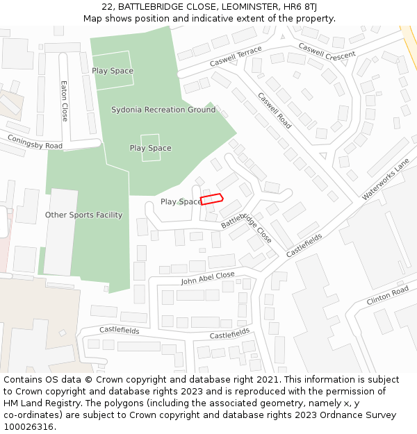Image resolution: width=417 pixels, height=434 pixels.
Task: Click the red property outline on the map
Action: coord(211,199)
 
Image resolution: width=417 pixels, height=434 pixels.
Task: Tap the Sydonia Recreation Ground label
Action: coord(163,110)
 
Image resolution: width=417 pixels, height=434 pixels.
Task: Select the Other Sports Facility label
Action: coord(83,215)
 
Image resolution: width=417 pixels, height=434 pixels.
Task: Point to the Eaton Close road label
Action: coord(64,101)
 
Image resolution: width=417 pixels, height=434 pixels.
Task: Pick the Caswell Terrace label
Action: coord(236,57)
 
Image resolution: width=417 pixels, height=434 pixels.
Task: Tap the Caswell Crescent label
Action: coord(327,51)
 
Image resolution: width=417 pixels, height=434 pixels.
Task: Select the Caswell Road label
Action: coord(275,110)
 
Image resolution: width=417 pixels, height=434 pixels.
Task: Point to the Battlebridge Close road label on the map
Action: coord(247,226)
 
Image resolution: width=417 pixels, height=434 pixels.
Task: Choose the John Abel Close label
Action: coord(208,278)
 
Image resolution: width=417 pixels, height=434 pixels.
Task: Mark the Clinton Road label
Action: coord(387,296)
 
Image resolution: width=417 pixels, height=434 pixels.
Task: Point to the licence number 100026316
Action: coord(28,426)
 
